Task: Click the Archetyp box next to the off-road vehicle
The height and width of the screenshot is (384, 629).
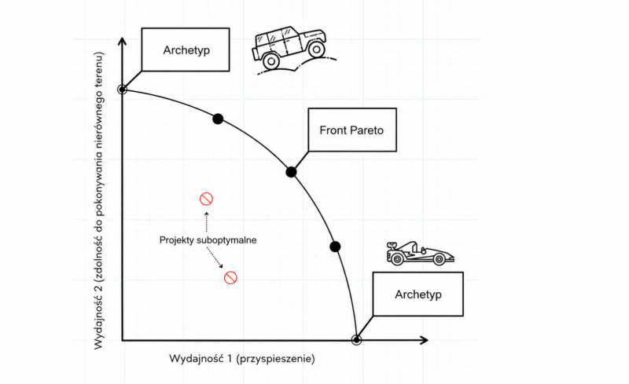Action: pos(186,49)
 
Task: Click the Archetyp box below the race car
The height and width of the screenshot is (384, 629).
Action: pos(418,294)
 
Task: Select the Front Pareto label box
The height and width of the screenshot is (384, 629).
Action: pos(352,130)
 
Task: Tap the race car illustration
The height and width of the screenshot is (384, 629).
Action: pos(420,254)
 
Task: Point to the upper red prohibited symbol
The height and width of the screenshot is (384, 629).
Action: pos(206,199)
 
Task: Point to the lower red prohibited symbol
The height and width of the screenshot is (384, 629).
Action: pos(230,277)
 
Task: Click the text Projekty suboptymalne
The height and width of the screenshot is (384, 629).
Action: pos(208,240)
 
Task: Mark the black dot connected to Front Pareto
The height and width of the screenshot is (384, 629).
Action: pos(291,172)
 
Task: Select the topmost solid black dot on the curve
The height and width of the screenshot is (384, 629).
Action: pos(218,119)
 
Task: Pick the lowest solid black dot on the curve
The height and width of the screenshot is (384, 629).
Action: pos(336,247)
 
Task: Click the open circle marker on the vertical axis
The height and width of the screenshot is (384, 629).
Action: pos(123,90)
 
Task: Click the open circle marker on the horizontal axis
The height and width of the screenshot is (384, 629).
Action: pos(356,340)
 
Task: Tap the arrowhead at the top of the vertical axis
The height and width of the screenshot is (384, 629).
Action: pos(123,42)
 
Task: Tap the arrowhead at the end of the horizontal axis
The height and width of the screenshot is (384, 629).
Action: pos(425,340)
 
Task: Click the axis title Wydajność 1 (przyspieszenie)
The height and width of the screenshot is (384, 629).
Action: pos(242,358)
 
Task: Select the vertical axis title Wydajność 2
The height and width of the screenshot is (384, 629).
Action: pos(99,200)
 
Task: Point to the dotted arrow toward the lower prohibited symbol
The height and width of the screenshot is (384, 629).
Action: pos(215,258)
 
